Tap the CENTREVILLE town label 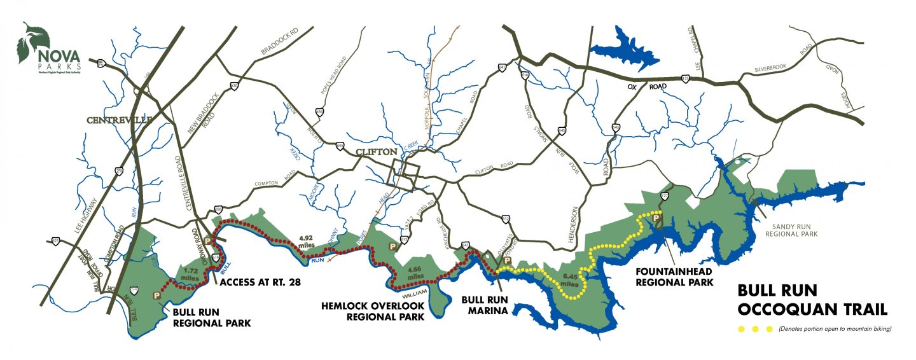119,120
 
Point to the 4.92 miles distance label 307,242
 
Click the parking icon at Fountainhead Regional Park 658,218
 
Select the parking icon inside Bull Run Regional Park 156,295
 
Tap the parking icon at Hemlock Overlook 392,246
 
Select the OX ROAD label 648,86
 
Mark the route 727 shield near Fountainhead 665,195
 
